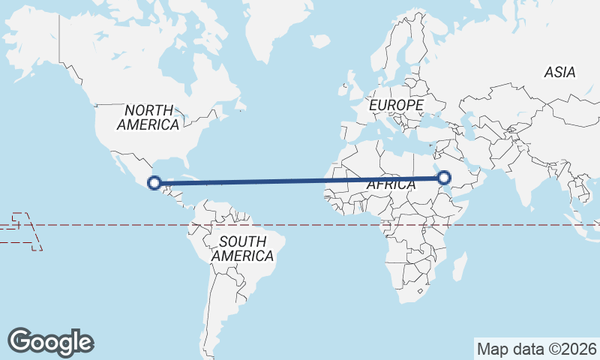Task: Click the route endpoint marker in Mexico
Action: [154, 182]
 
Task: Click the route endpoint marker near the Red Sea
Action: [444, 178]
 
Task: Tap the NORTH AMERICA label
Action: [148, 118]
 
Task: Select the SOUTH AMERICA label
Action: [242, 249]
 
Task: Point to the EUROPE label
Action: [396, 106]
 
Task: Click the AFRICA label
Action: [391, 185]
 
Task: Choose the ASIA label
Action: [560, 73]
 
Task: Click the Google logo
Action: [50, 341]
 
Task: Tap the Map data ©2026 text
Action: [537, 349]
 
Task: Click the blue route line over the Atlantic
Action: [300, 180]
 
